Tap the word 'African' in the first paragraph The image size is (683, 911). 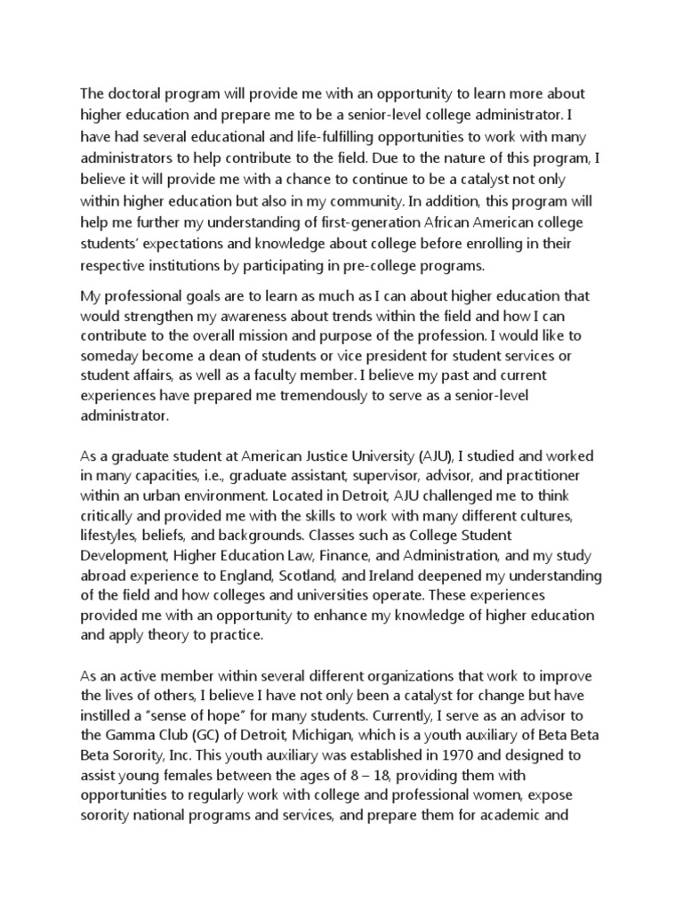[x=414, y=222]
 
